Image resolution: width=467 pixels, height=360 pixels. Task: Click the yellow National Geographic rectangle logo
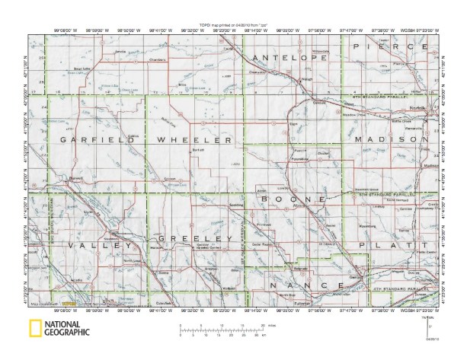point(35,330)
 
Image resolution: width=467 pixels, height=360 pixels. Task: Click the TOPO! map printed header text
point(234,25)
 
